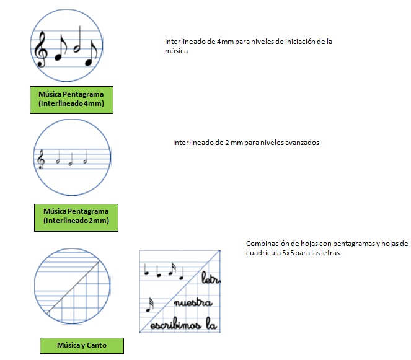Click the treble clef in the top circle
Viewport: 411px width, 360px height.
point(42,49)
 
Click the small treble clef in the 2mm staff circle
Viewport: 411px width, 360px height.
point(41,159)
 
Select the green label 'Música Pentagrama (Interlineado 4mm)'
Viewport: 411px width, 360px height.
point(71,100)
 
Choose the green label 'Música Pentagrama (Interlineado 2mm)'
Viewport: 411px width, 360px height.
point(76,217)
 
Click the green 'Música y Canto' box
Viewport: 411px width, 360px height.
point(82,346)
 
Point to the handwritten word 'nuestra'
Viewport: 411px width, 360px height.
point(193,302)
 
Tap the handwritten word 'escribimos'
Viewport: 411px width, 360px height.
point(175,324)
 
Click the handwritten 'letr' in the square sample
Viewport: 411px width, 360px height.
point(211,278)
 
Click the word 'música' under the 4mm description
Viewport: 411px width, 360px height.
point(176,51)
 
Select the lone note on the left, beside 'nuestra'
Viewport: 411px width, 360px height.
point(150,305)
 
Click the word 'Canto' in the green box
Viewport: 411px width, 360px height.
point(97,345)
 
